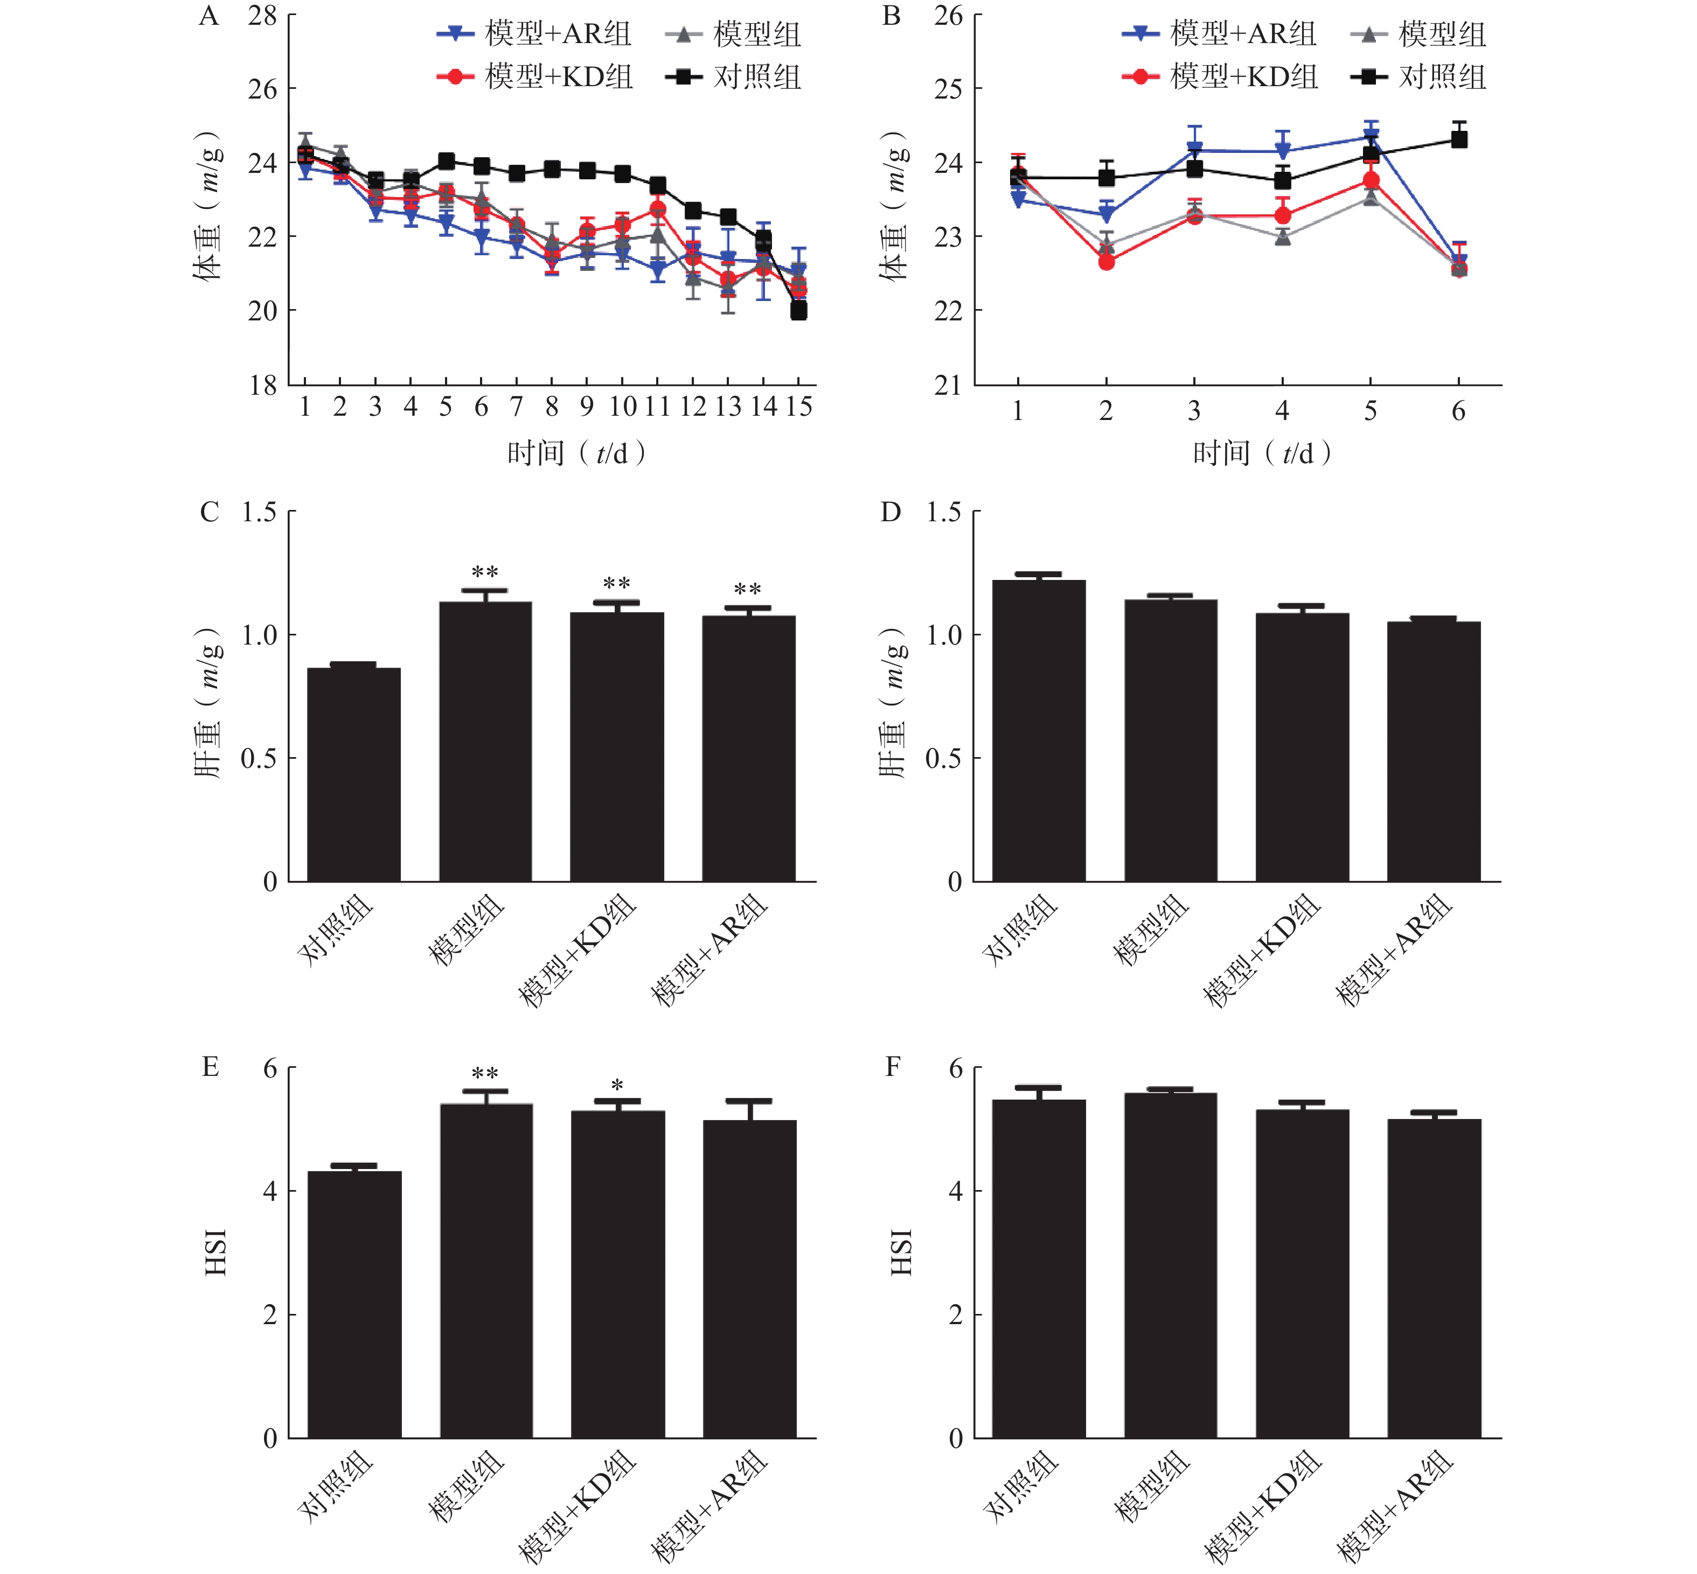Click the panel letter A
point(208,17)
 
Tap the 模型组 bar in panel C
point(485,741)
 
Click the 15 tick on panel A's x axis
point(798,407)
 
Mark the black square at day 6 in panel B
point(1458,139)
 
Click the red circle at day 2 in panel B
point(1106,262)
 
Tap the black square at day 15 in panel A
point(798,311)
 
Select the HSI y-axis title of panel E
point(215,1251)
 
